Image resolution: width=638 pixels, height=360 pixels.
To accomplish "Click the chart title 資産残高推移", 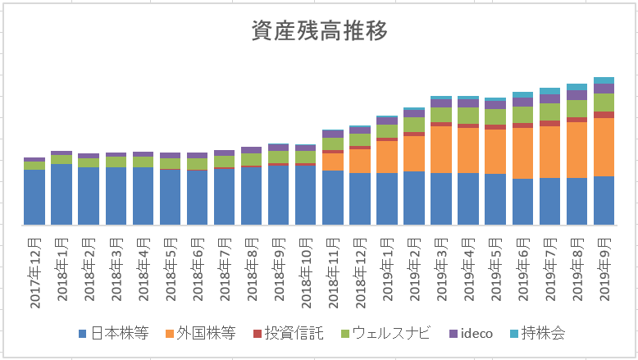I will [318, 30].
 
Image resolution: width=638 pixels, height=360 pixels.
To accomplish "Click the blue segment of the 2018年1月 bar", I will [62, 194].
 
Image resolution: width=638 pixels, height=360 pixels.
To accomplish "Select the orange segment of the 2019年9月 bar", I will [604, 147].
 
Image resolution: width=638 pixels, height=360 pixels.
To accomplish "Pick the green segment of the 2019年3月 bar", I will [441, 115].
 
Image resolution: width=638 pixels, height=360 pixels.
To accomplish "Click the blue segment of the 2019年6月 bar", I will [522, 201].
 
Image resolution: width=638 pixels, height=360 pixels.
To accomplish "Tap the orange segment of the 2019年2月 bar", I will [414, 153].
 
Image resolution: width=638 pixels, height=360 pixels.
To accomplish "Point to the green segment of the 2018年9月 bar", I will [279, 157].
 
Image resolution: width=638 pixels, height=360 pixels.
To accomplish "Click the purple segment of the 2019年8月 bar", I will [576, 95].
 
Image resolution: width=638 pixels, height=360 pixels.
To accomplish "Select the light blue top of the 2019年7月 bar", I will [549, 91].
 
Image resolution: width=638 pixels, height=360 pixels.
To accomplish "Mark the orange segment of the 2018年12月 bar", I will [360, 161].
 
